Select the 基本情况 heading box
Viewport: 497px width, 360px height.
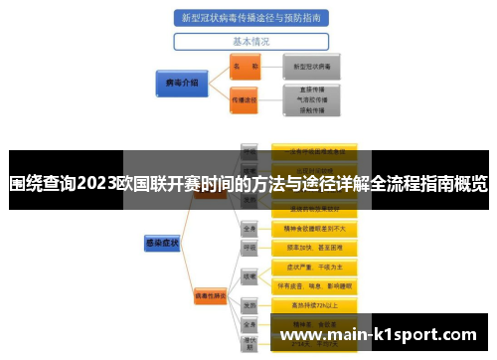point(250,42)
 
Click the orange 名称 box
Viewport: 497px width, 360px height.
point(244,67)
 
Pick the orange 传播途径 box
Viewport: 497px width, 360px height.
point(244,100)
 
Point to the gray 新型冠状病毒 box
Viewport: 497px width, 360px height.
point(311,67)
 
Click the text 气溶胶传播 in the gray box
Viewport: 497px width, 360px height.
point(311,100)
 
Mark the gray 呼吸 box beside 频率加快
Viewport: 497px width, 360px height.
point(250,247)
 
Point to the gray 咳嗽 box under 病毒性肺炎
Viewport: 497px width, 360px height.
point(250,275)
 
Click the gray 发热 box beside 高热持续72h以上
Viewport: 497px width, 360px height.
point(250,305)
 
